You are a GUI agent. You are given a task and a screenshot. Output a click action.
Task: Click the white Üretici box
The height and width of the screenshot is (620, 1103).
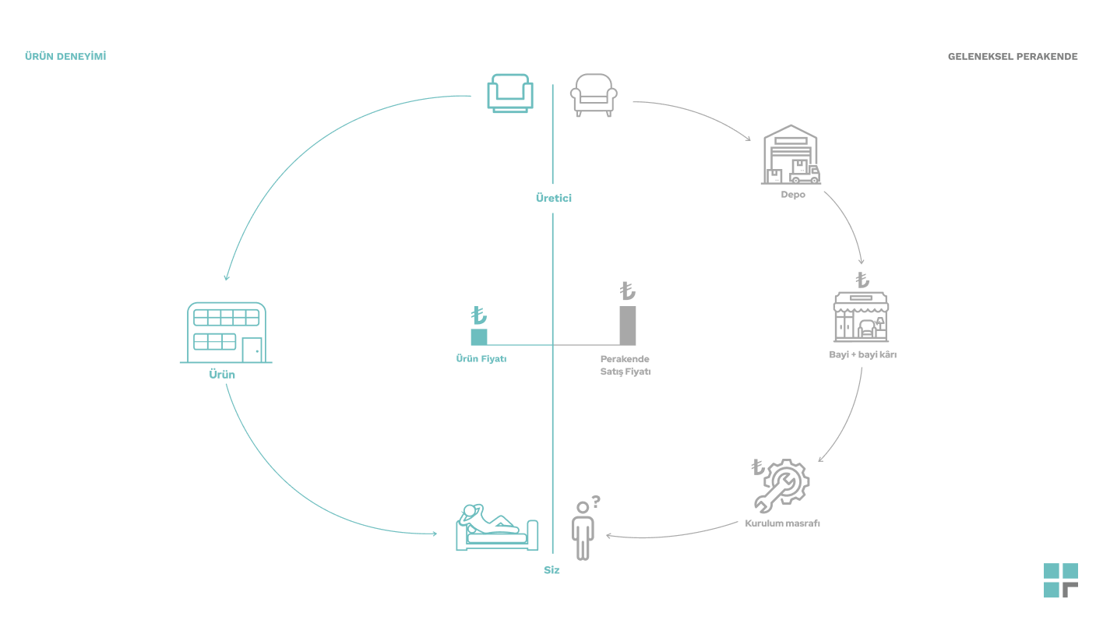[554, 199]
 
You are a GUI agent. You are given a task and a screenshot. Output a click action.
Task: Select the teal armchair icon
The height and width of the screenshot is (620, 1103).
[510, 93]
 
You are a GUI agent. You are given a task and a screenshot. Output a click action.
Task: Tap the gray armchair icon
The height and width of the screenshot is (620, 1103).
[594, 95]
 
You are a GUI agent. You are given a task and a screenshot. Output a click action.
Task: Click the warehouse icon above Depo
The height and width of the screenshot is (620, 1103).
[791, 155]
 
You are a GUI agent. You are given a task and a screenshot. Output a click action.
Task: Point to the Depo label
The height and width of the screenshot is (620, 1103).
[793, 195]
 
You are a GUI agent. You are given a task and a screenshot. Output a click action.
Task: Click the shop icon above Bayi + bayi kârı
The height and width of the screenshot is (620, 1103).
[861, 316]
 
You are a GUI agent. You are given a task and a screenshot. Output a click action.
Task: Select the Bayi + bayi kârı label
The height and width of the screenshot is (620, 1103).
[862, 354]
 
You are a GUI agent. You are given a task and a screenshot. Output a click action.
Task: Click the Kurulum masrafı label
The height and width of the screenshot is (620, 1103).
[782, 523]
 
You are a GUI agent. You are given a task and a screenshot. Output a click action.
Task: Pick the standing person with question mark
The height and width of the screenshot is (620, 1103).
[583, 530]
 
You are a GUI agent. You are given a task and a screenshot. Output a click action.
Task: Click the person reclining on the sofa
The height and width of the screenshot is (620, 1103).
[496, 527]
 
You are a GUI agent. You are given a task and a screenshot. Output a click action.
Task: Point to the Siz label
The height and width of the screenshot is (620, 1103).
[551, 570]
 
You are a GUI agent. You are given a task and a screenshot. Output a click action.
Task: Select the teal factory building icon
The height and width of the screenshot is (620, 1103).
[226, 333]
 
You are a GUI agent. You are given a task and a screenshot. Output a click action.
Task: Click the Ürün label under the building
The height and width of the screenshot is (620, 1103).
[222, 375]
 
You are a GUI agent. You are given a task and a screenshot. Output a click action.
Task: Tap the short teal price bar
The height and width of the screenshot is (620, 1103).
[479, 336]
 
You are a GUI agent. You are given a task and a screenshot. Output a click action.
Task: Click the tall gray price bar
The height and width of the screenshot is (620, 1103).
[628, 326]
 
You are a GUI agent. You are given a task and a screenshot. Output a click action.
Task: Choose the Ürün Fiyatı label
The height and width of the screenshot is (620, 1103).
[481, 359]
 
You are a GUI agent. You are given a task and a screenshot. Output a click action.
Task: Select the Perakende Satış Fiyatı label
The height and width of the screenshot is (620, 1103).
[625, 365]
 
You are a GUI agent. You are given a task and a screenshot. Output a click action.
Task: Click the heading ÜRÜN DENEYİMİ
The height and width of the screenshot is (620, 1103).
[65, 56]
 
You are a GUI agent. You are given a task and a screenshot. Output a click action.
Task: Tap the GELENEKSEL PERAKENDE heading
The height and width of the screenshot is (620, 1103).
[1013, 57]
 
